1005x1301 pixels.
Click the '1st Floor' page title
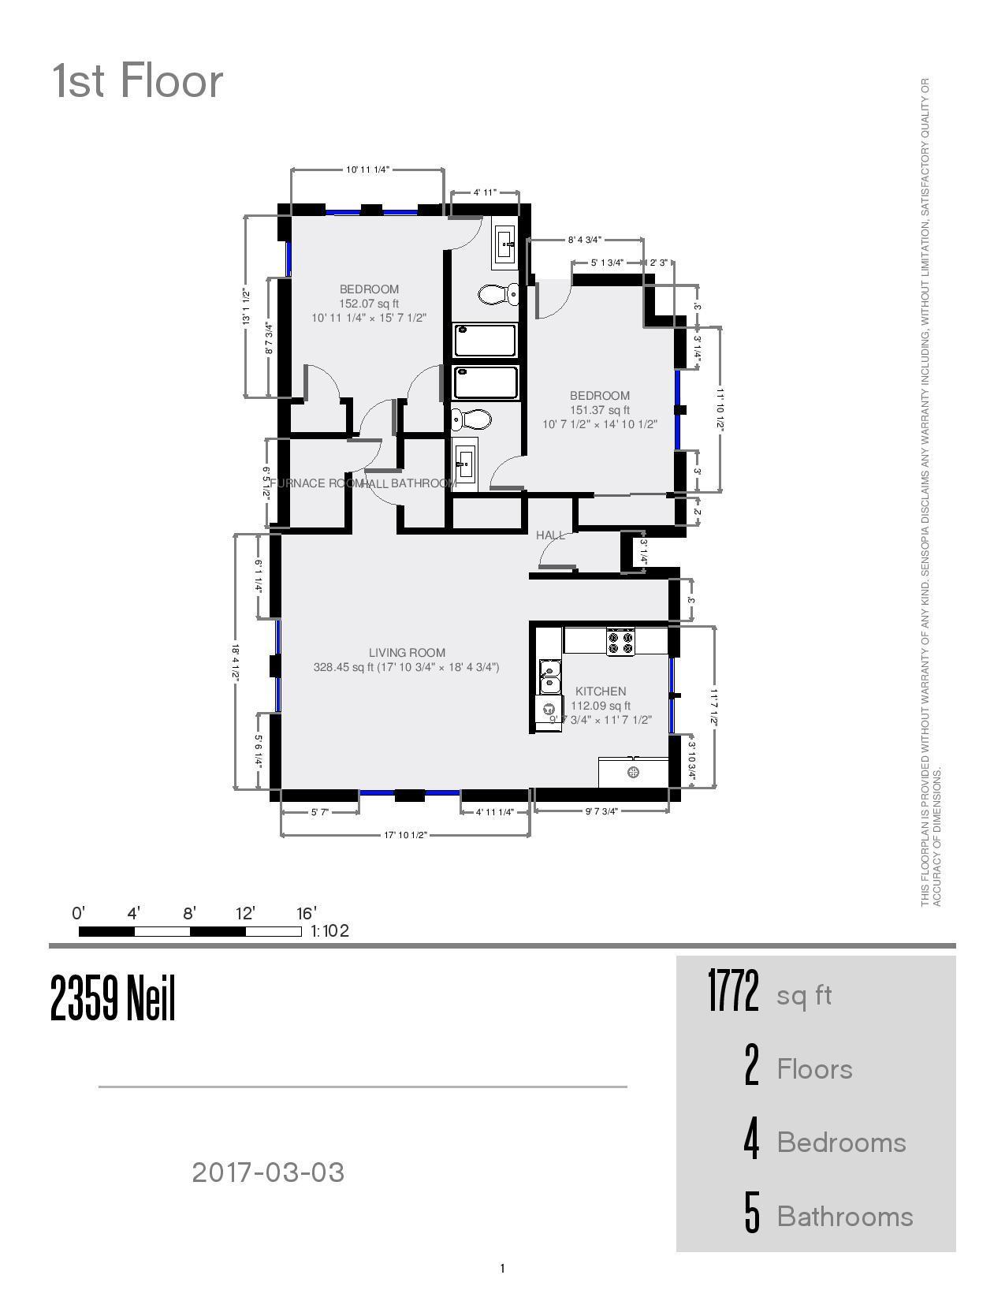[x=137, y=81]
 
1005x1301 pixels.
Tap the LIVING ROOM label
[x=407, y=652]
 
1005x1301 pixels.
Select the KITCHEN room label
[x=601, y=691]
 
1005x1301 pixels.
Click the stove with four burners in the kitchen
[x=621, y=640]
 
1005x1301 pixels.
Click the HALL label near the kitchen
[x=550, y=535]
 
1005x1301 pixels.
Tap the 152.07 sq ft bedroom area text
[x=369, y=304]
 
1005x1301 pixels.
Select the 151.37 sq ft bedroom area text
[x=600, y=410]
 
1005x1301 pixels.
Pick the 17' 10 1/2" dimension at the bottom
[x=405, y=835]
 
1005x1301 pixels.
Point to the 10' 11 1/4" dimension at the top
[x=367, y=170]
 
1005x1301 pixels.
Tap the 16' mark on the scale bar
[x=306, y=913]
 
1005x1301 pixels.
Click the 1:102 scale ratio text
[x=329, y=931]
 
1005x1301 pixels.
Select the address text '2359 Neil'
[x=113, y=998]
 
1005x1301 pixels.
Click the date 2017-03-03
[x=268, y=1172]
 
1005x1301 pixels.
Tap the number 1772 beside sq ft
[x=732, y=992]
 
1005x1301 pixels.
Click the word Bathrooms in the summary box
[x=844, y=1217]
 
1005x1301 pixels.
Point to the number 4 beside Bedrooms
[x=751, y=1141]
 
